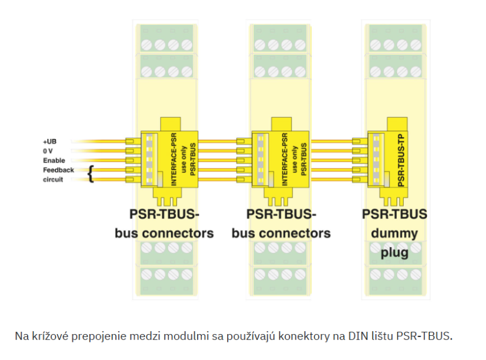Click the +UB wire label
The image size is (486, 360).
tap(49, 142)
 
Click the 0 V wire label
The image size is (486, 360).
tap(48, 151)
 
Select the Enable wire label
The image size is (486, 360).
tap(54, 161)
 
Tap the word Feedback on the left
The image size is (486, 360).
tap(58, 170)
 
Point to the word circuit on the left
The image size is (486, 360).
tap(53, 179)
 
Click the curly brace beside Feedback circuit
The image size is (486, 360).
tap(91, 174)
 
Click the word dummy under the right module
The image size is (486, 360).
tap(394, 234)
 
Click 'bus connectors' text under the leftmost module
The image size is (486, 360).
tap(164, 234)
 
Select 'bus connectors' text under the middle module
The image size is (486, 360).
tap(281, 234)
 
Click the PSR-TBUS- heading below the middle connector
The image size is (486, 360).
tap(281, 214)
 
